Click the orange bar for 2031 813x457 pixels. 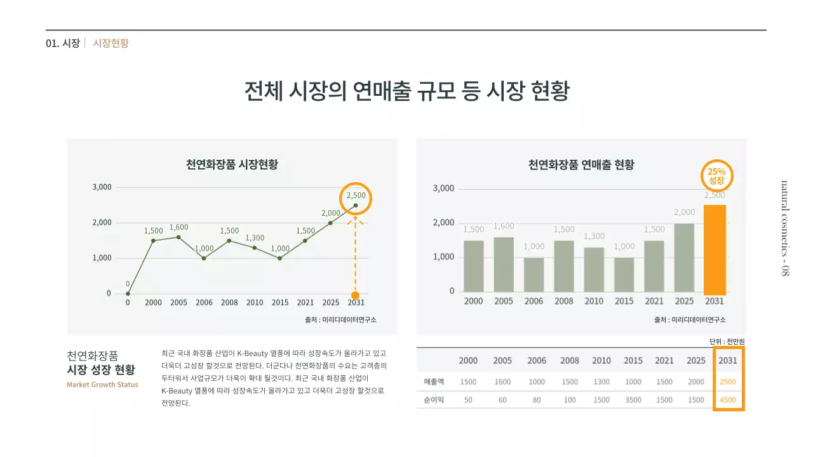(x=715, y=249)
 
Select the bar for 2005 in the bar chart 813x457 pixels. (x=503, y=265)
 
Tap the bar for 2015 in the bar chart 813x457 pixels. (x=624, y=274)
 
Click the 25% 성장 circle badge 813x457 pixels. (x=716, y=176)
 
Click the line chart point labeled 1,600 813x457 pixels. (x=178, y=237)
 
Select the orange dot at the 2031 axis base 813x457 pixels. (x=355, y=295)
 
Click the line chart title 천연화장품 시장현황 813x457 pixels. (x=232, y=164)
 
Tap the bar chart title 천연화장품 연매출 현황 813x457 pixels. (x=581, y=164)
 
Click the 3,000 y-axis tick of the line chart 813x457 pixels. (x=102, y=187)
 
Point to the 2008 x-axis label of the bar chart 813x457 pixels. (x=563, y=301)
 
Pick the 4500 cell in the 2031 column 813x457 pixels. (x=728, y=400)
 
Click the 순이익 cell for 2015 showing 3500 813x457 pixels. (x=633, y=400)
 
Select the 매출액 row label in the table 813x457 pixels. (x=433, y=381)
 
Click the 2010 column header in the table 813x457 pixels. (x=601, y=361)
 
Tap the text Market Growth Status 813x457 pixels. (x=102, y=385)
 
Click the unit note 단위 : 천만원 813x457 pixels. (x=727, y=341)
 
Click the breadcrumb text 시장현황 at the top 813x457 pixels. (x=111, y=43)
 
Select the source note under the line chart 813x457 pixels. (x=340, y=319)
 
